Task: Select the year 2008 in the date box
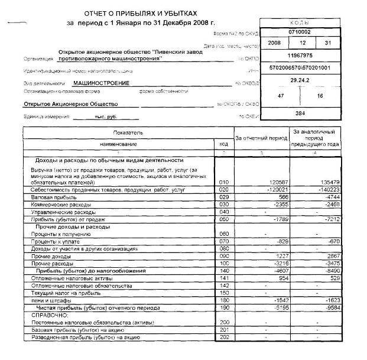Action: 274,44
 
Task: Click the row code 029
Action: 223,197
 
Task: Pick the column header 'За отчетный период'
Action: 261,137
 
